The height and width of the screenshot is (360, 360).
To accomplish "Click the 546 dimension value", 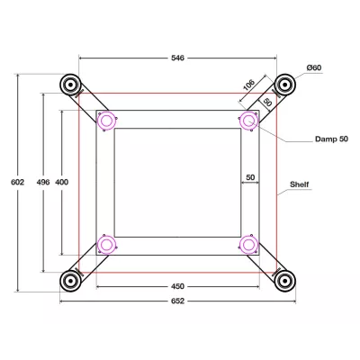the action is point(177,58).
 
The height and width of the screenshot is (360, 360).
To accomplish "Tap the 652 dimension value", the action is point(177,301).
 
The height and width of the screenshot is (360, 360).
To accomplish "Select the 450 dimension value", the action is point(177,286).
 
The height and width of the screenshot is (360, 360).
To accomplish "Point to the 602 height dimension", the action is point(17,182).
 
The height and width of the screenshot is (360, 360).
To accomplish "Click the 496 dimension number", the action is point(43,182).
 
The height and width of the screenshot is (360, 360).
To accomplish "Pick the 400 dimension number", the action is point(62,182).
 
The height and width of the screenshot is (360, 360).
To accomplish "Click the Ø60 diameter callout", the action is point(314,67).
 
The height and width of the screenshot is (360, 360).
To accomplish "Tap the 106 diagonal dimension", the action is point(249,85).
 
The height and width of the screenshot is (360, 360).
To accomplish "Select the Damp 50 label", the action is point(331,139).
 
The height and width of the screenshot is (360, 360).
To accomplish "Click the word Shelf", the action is point(299,184).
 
